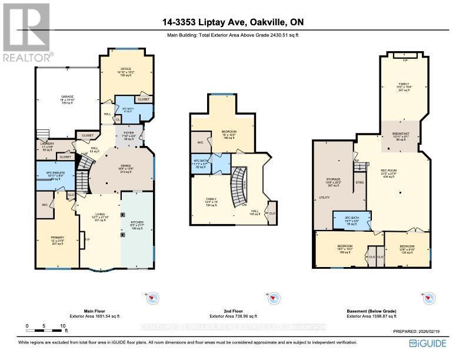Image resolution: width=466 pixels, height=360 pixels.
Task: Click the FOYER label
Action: click(128, 135)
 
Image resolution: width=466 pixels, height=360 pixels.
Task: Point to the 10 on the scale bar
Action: click(62, 325)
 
